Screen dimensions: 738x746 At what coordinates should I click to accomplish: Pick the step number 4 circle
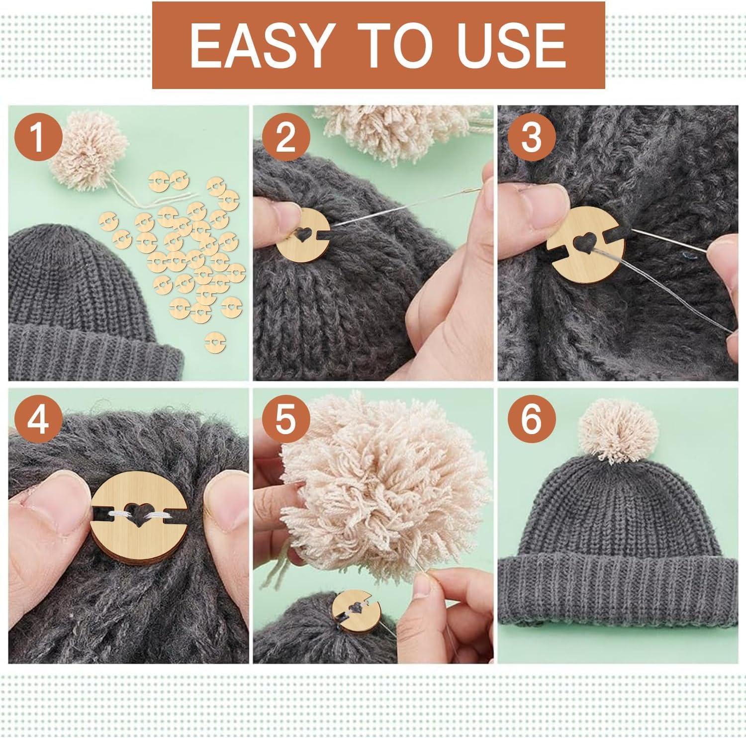38,419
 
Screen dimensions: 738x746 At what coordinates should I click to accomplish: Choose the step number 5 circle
285,419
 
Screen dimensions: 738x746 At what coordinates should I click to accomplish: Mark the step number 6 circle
531,419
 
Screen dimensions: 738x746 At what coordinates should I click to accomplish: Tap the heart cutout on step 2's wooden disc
300,236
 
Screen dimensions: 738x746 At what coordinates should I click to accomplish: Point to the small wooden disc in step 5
355,611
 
